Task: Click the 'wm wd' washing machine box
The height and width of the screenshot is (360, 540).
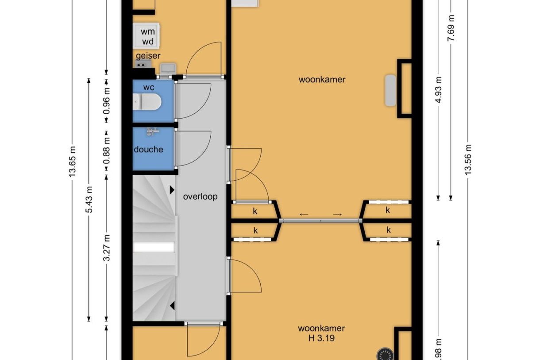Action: pyautogui.click(x=148, y=36)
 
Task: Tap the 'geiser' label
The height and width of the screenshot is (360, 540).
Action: pyautogui.click(x=148, y=56)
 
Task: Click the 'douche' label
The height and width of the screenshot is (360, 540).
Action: pyautogui.click(x=149, y=150)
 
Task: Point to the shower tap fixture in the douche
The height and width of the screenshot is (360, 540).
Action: pyautogui.click(x=153, y=132)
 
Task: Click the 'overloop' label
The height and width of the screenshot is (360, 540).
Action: pyautogui.click(x=200, y=197)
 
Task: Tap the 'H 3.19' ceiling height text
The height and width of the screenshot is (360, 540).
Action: pyautogui.click(x=321, y=339)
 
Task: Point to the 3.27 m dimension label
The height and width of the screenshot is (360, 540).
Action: pyautogui.click(x=107, y=248)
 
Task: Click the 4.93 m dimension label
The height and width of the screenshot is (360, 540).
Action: pyautogui.click(x=438, y=89)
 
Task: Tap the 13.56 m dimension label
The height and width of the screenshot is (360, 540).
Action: pyautogui.click(x=468, y=159)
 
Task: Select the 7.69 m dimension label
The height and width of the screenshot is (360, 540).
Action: pyautogui.click(x=451, y=27)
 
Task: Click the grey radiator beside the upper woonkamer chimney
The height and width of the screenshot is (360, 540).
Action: pyautogui.click(x=390, y=90)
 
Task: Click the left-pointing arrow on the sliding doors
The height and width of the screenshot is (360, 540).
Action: pyautogui.click(x=304, y=215)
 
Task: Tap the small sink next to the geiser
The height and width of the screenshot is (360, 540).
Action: pyautogui.click(x=168, y=68)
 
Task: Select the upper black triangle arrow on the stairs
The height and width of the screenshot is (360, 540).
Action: pyautogui.click(x=171, y=190)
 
